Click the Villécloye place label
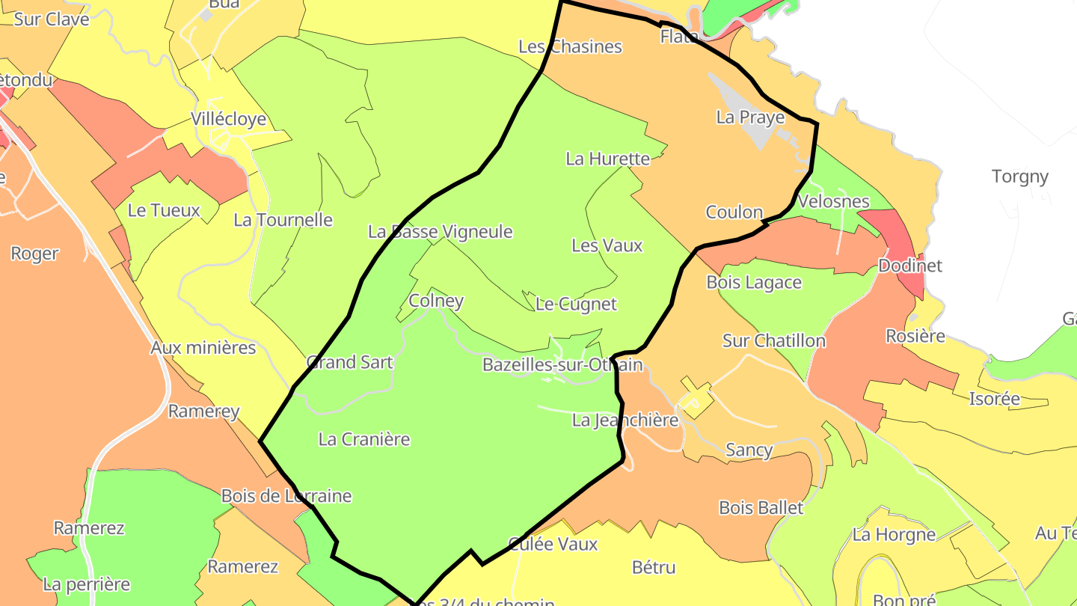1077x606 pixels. point(228,119)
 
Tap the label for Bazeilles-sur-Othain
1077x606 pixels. point(562,364)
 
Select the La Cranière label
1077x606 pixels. point(364,439)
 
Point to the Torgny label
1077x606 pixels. point(1019,177)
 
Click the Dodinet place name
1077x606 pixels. point(909,266)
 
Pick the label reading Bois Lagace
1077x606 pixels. point(754,282)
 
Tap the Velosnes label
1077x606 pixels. point(833,201)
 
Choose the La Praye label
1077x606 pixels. point(750,117)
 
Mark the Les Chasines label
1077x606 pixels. point(570,46)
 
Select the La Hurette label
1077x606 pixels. point(607,159)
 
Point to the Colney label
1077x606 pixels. point(436,301)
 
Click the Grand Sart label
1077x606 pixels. point(349,362)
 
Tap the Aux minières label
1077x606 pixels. point(203,348)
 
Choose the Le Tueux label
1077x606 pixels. point(164,210)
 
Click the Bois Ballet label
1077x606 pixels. point(761,508)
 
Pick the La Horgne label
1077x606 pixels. point(894,534)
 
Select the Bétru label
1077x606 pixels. point(654,567)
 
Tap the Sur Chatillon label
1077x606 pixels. point(773,341)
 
